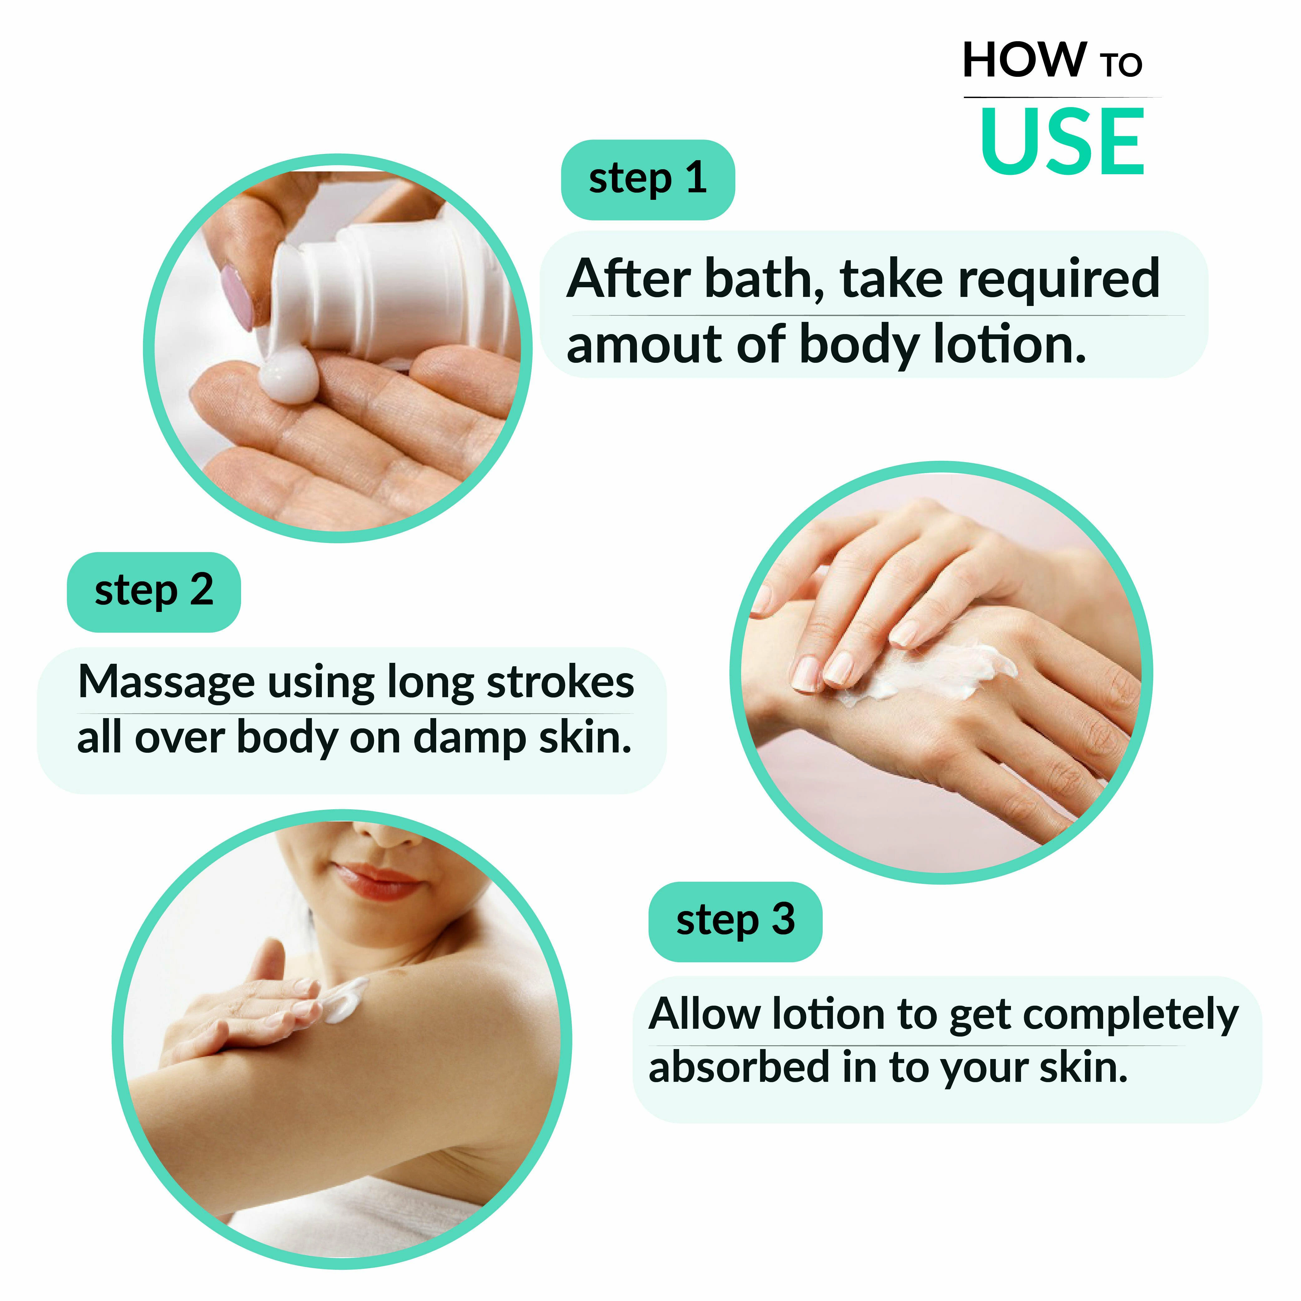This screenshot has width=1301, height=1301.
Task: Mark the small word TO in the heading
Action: click(x=1121, y=65)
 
